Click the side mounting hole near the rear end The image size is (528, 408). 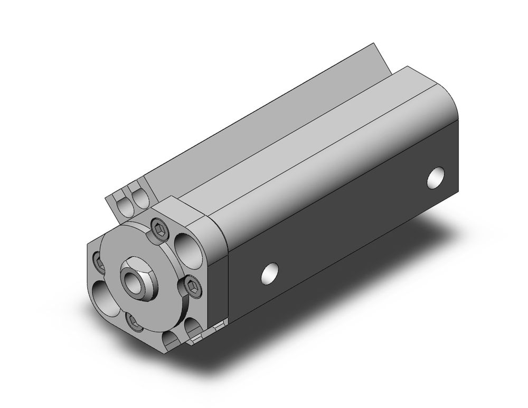point(435,178)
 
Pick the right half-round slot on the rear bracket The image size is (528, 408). point(140,199)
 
